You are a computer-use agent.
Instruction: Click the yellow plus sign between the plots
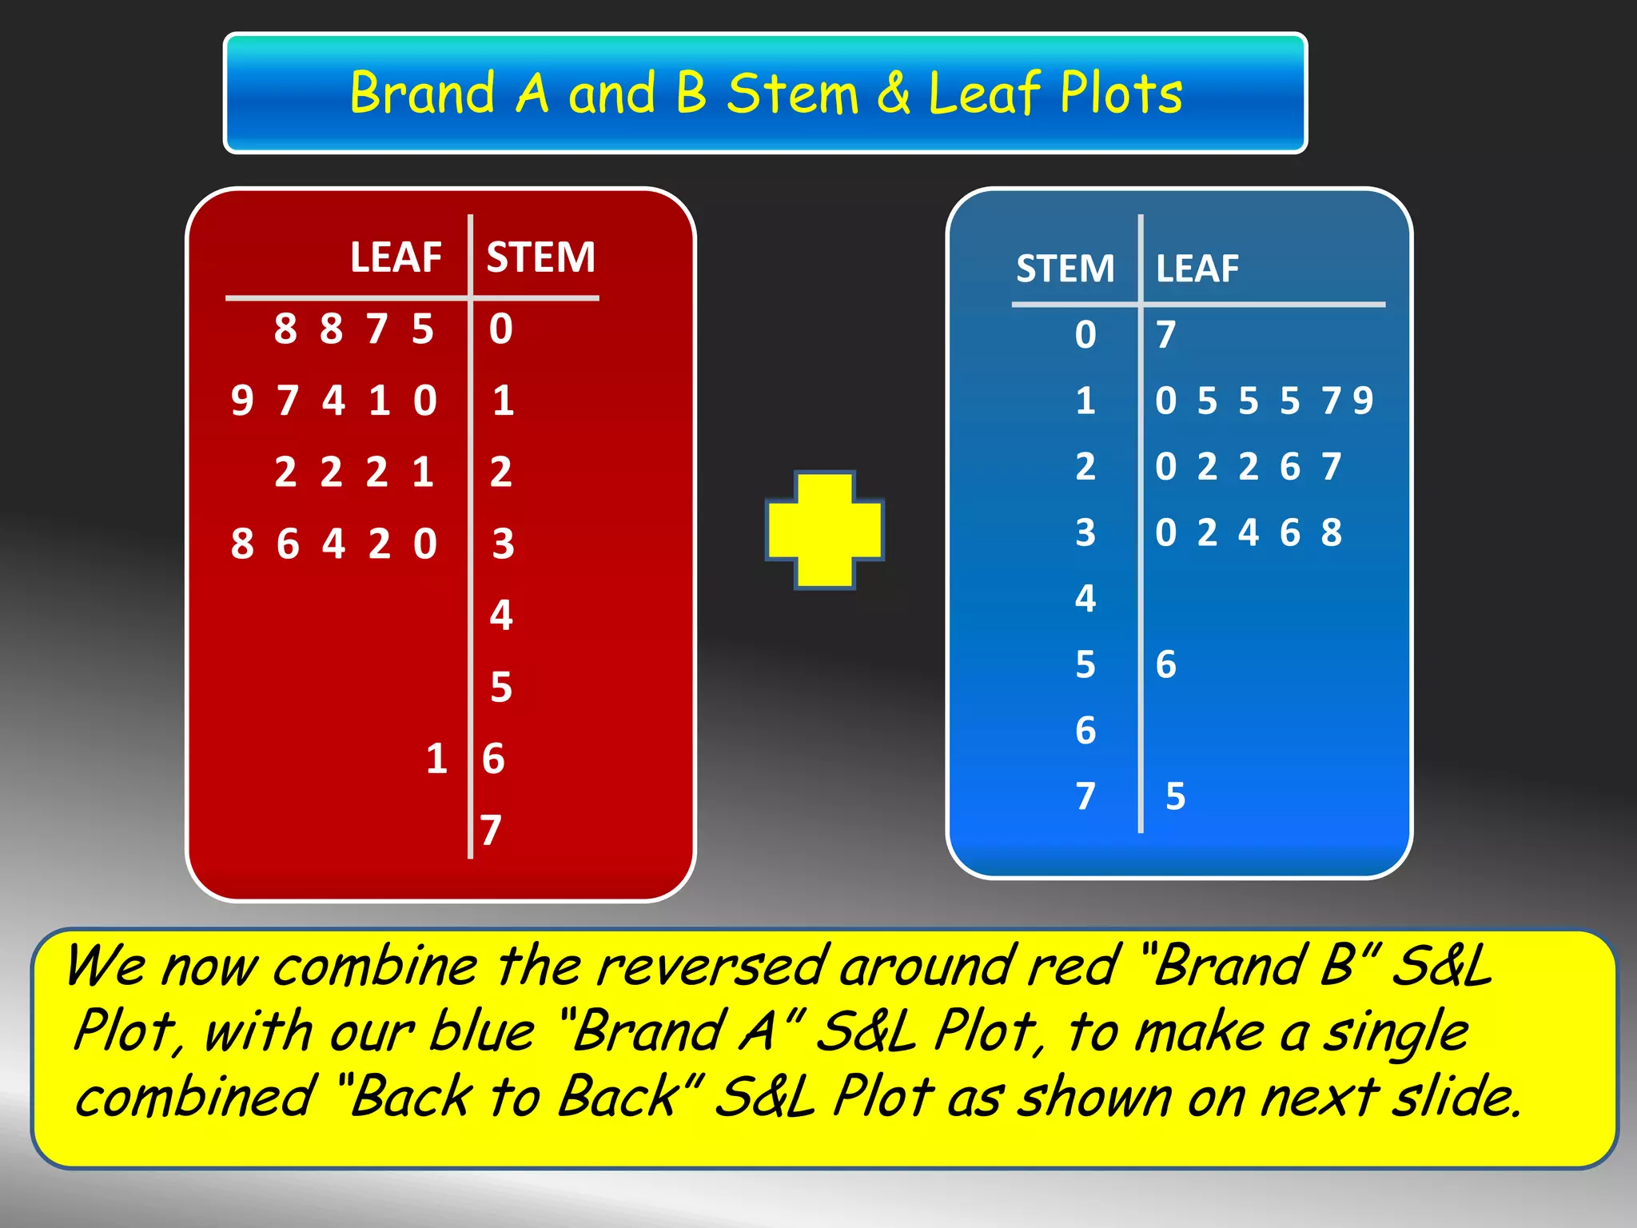tap(825, 530)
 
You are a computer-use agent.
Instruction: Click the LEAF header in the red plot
tap(396, 257)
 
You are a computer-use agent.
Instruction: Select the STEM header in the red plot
tap(541, 257)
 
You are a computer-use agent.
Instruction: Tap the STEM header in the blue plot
tap(1065, 269)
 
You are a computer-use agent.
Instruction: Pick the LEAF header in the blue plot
tap(1197, 269)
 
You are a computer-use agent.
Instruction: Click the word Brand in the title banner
tap(423, 93)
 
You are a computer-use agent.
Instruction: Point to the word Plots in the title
tap(1121, 93)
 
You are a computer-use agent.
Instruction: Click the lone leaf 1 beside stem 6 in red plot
tap(436, 759)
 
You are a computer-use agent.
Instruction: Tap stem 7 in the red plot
tap(491, 830)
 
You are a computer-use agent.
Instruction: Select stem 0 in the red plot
tap(501, 329)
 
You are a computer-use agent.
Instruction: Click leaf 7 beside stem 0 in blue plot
tap(1166, 334)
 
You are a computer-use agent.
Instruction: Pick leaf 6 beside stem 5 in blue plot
tap(1166, 664)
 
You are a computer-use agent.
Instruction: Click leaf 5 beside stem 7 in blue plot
tap(1175, 796)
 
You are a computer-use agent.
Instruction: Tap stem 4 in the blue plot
tap(1085, 598)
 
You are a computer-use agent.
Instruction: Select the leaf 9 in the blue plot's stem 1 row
tap(1363, 401)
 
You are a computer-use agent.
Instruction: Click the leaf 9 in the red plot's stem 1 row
tap(241, 401)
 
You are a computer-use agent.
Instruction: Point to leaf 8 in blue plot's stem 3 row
tap(1331, 532)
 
